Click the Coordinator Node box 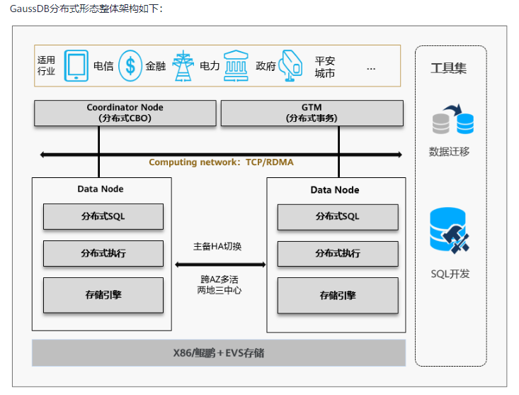tap(125, 113)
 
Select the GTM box tap(312, 113)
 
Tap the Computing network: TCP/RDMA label tap(221, 162)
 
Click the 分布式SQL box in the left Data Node tap(103, 216)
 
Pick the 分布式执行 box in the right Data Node tap(337, 253)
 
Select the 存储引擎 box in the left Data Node tap(103, 294)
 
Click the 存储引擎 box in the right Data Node tap(337, 295)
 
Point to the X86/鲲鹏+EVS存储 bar tap(218, 352)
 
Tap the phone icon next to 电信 tap(76, 66)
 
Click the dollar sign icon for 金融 tap(130, 66)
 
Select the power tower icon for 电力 tap(183, 66)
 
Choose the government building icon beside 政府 tap(236, 66)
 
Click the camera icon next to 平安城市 tap(291, 66)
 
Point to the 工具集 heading tap(449, 69)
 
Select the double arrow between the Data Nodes tap(219, 264)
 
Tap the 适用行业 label tap(46, 66)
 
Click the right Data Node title tap(335, 190)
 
